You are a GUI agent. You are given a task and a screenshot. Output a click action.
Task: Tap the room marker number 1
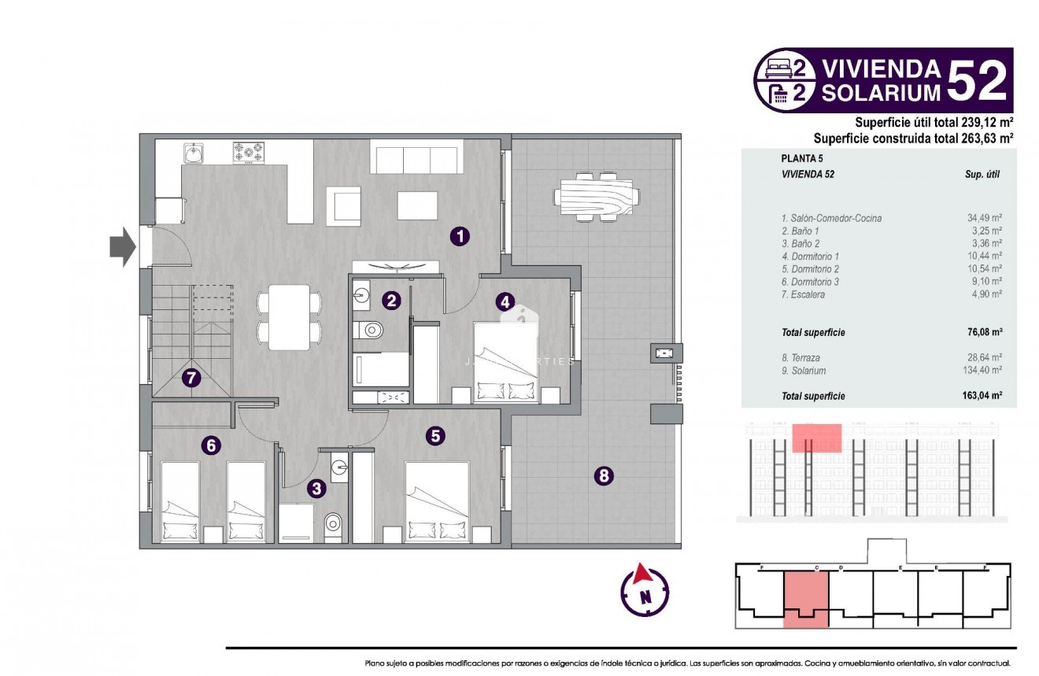(460, 235)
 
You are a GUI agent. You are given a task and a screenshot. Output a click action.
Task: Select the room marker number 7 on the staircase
(190, 378)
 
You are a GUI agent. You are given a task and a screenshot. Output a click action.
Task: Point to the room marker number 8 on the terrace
(604, 475)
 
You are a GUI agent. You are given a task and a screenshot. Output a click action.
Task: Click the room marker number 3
(316, 489)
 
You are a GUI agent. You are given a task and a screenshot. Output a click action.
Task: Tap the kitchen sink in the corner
(194, 152)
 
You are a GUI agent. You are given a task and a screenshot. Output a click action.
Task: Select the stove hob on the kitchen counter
(249, 152)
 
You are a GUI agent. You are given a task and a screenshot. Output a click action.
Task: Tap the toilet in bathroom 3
(333, 523)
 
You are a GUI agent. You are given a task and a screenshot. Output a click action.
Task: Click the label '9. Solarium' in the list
(804, 370)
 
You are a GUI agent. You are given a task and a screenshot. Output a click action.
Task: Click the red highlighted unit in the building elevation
(816, 438)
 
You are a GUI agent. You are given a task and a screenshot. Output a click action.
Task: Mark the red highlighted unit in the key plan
(806, 599)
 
